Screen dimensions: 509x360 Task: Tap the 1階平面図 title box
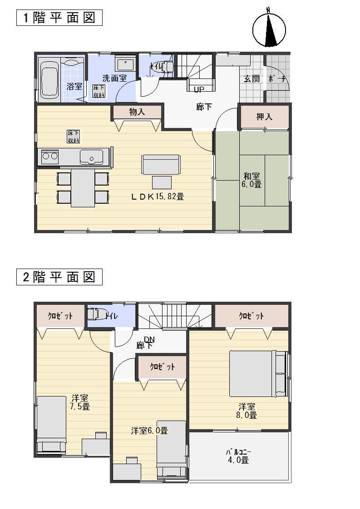click(59, 18)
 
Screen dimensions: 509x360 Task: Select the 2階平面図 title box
click(59, 277)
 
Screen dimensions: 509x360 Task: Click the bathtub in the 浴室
click(49, 80)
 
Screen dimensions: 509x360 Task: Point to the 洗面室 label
click(114, 78)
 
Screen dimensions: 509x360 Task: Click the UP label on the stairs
click(199, 89)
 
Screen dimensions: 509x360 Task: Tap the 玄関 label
click(252, 78)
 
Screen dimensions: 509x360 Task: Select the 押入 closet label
click(264, 117)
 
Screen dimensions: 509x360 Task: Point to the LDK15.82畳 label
click(158, 196)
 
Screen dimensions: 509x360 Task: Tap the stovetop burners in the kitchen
click(49, 157)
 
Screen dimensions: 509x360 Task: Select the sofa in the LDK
click(161, 164)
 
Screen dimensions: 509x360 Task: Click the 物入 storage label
click(137, 112)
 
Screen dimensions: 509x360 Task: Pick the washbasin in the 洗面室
click(125, 64)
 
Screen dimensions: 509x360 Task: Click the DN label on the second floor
click(149, 339)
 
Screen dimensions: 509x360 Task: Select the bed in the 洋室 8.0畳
click(257, 373)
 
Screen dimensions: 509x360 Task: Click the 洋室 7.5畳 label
click(80, 402)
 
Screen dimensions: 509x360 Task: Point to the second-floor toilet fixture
click(94, 314)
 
